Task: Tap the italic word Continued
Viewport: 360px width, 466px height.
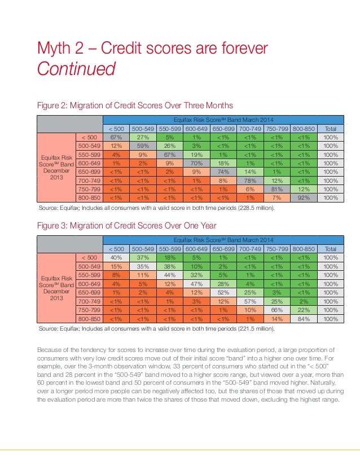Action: pos(76,69)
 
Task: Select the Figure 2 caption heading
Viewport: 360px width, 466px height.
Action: pos(135,105)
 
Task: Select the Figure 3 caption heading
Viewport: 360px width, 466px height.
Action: pos(126,226)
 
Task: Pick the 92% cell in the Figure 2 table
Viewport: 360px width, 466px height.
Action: pos(304,198)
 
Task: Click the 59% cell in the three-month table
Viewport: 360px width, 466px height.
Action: pos(143,146)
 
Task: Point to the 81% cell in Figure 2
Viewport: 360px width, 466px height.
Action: pos(276,190)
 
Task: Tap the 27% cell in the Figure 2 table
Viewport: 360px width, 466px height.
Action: pos(143,137)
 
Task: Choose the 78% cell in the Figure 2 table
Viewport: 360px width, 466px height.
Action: pos(250,181)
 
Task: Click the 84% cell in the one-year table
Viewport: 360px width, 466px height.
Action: pos(304,319)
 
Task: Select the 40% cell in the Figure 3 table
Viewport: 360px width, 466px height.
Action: pos(116,258)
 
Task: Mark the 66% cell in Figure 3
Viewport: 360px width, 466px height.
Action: pos(276,310)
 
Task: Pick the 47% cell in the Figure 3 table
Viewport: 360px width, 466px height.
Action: pos(196,284)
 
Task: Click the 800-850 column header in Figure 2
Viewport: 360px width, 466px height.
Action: pos(304,129)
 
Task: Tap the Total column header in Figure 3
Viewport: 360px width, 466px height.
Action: pos(331,249)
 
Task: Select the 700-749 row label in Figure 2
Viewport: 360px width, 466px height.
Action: pos(89,181)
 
